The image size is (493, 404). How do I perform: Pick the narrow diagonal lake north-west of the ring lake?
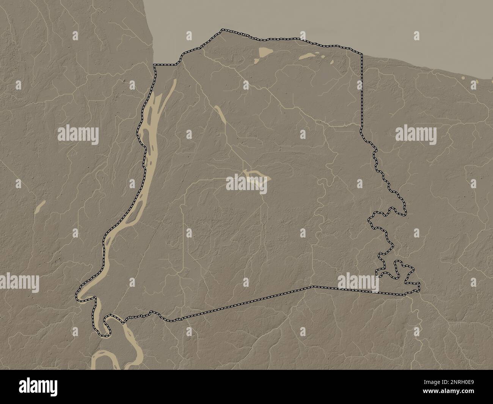(x=221, y=114)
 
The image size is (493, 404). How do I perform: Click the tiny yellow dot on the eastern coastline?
(x=463, y=78)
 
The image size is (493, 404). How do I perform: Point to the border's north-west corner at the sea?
(x=154, y=66)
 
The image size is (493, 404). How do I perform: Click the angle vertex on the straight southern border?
(x=313, y=286)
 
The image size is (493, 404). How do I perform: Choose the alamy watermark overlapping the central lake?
(x=246, y=184)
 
